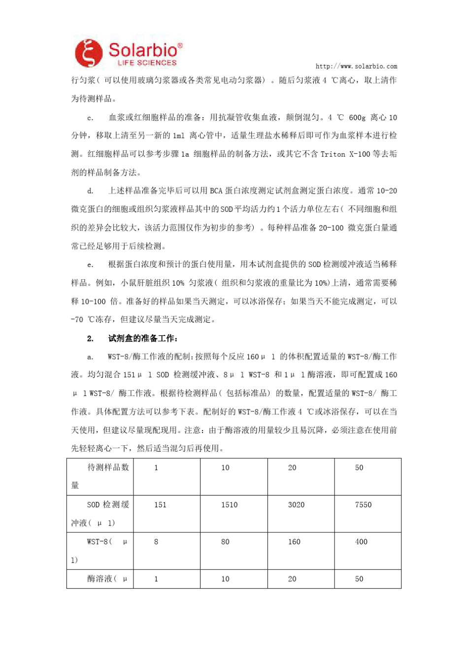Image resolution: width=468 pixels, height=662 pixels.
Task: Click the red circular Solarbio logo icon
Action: [x=89, y=53]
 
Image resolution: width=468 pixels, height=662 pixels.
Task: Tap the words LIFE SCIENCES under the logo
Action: [x=147, y=63]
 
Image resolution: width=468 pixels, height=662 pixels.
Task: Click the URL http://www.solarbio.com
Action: [x=356, y=66]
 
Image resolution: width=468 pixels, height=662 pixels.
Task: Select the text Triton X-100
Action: [x=345, y=154]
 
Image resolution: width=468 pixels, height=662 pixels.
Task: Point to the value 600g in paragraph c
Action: [x=357, y=118]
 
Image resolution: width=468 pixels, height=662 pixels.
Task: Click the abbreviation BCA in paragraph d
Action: [x=216, y=191]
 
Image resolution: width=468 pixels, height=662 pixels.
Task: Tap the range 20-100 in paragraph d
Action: [x=331, y=228]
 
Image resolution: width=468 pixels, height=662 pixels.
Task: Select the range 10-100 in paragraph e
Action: [x=93, y=301]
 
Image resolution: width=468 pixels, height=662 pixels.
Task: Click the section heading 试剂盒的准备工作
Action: [x=143, y=338]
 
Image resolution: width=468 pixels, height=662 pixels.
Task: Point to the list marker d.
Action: [x=90, y=191]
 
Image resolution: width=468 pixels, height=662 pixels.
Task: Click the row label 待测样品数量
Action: [x=100, y=476]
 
